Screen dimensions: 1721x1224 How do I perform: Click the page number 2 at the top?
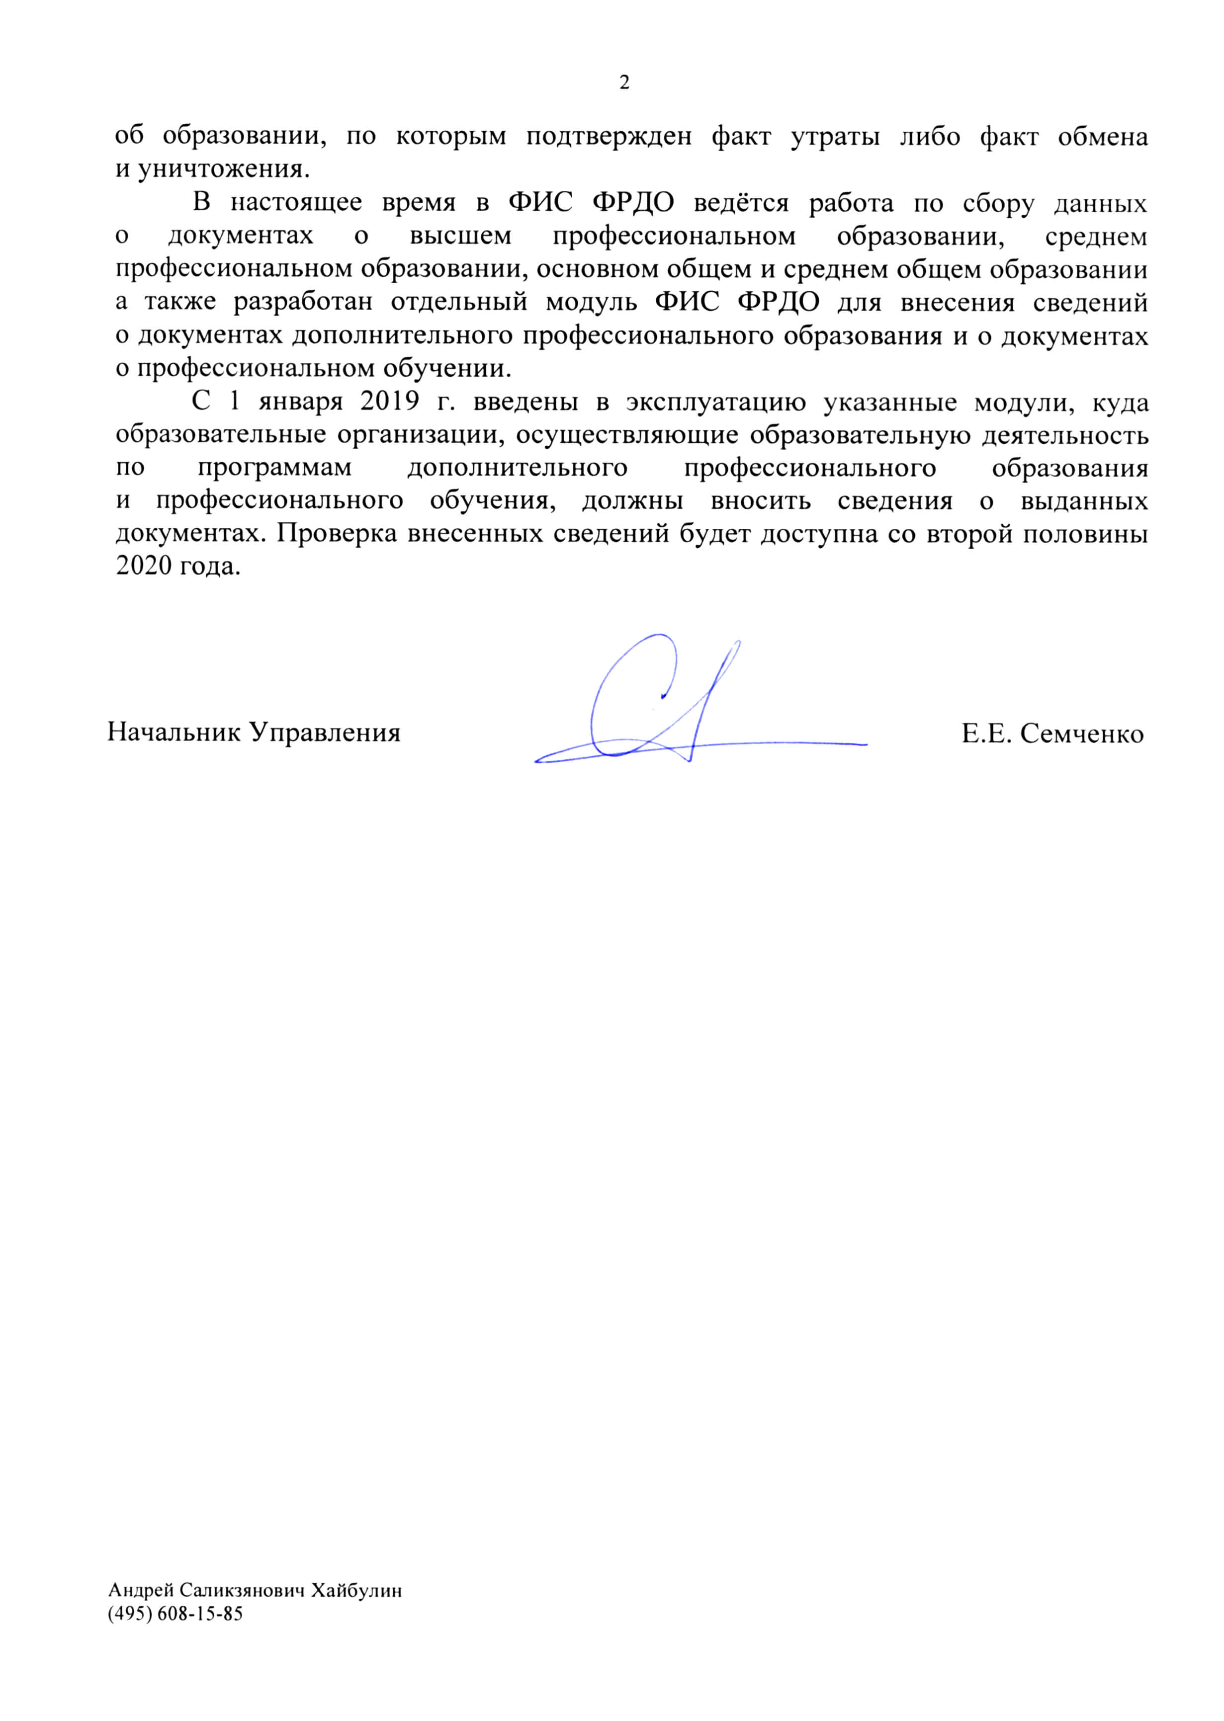click(x=624, y=82)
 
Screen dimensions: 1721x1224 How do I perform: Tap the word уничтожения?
click(x=223, y=169)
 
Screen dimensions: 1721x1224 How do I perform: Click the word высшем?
click(x=460, y=237)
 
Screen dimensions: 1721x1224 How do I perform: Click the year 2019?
click(x=390, y=401)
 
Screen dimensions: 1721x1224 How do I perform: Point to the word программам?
click(x=274, y=468)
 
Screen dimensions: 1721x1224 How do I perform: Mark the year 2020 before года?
click(x=144, y=566)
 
